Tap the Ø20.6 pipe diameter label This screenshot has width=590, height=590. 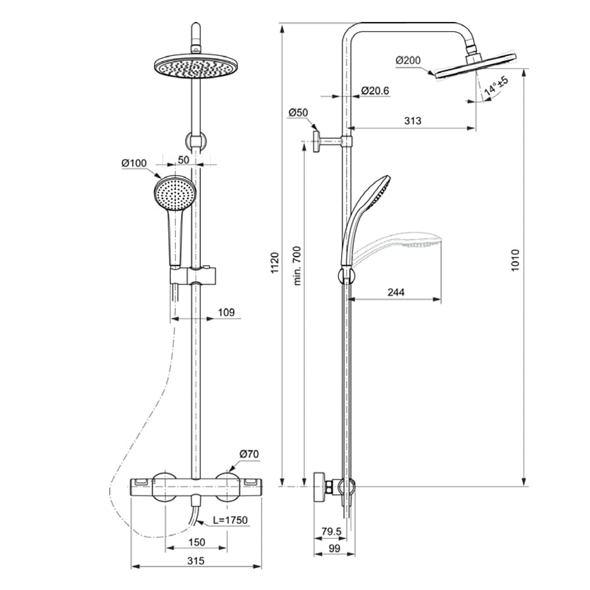375,91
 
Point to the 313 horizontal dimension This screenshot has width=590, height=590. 412,121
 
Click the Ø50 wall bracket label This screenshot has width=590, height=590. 299,113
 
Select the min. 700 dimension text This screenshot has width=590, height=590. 297,266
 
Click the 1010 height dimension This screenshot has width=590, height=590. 516,259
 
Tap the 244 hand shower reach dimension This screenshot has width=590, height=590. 397,291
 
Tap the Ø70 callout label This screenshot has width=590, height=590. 248,454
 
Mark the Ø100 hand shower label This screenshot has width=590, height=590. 133,163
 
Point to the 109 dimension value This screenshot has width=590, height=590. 226,312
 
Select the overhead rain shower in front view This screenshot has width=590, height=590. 192,68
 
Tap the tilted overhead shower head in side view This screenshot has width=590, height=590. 475,65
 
